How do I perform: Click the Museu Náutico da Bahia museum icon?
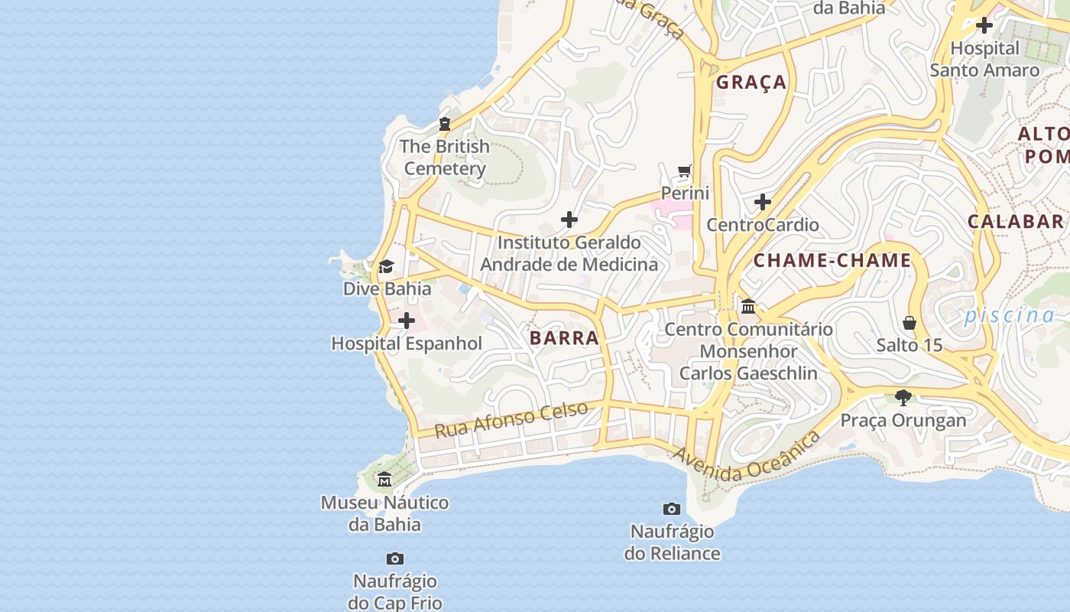click(384, 480)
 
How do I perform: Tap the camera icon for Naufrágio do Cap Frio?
click(394, 558)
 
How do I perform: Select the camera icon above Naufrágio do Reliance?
click(672, 509)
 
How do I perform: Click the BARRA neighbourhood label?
click(564, 338)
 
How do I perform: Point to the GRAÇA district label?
click(751, 83)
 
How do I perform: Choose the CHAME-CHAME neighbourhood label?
click(832, 261)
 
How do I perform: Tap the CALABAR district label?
click(1015, 222)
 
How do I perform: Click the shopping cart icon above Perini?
click(685, 171)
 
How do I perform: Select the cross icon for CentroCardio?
click(763, 202)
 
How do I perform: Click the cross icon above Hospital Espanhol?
click(407, 321)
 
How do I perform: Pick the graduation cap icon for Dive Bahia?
click(387, 266)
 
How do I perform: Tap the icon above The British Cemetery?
click(444, 124)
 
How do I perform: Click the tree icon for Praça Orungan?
click(903, 397)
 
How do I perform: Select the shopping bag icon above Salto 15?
click(909, 322)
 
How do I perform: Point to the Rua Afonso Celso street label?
click(511, 419)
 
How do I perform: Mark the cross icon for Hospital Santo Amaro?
click(984, 25)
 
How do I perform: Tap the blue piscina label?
click(1009, 315)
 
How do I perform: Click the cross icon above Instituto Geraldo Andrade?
click(569, 220)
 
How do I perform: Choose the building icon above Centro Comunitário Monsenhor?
click(748, 307)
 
